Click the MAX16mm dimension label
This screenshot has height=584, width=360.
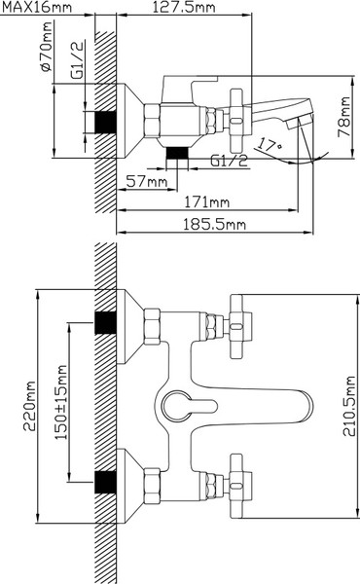point(37,7)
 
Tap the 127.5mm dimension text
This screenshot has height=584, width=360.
point(184,7)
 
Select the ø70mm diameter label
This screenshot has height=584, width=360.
point(46,47)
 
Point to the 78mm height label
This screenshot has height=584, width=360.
point(344,117)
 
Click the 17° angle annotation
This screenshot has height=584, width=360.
point(270,144)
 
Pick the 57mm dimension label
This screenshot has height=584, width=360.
point(147,182)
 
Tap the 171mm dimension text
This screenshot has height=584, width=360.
point(207,202)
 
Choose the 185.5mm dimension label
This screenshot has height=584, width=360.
point(214,225)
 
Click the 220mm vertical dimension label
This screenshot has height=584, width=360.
point(30,406)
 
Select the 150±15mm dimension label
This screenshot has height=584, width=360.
point(61,402)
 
